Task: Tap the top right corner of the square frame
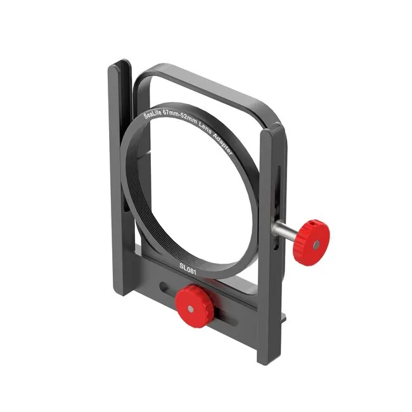pyautogui.click(x=270, y=105)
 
